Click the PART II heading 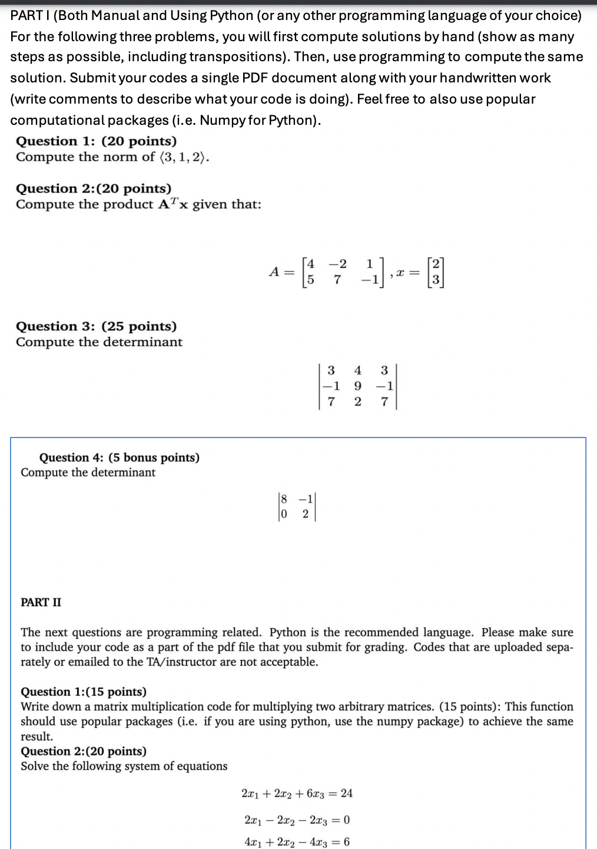41,602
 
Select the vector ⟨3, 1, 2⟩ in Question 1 183,157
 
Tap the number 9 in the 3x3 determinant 357,386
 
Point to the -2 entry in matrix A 337,263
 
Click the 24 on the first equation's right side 346,793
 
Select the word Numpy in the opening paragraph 223,120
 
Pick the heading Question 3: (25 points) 96,326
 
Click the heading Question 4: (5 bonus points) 119,457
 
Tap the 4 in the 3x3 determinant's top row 357,370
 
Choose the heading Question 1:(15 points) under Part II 84,692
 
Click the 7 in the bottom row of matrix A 336,280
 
